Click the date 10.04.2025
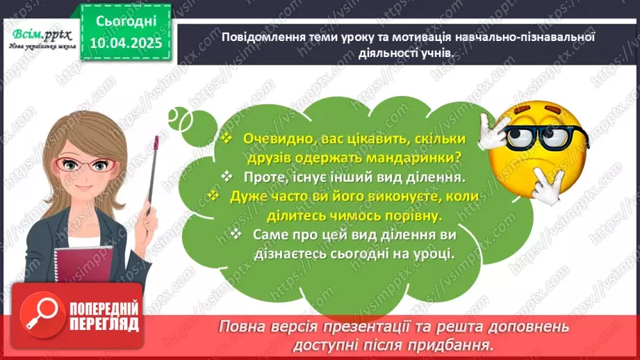click(x=125, y=42)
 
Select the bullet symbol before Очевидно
click(x=226, y=138)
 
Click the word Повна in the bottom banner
click(x=240, y=327)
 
